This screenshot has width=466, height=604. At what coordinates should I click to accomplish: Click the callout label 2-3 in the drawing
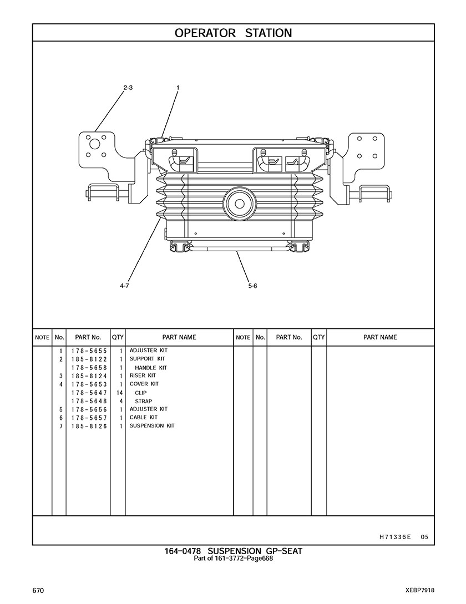128,88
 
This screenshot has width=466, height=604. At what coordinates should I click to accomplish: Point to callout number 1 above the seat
178,88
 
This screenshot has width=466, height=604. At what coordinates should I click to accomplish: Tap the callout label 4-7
124,286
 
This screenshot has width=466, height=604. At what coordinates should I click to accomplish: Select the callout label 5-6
252,286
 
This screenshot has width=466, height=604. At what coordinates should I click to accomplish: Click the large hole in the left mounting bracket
94,144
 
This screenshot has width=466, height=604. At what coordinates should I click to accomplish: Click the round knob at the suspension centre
239,204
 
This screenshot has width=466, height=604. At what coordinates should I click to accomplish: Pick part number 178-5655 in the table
89,351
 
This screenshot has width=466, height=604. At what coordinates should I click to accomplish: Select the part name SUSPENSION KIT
152,425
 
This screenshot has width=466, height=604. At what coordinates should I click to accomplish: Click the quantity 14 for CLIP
119,393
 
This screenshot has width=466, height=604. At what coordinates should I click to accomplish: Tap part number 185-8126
89,427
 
